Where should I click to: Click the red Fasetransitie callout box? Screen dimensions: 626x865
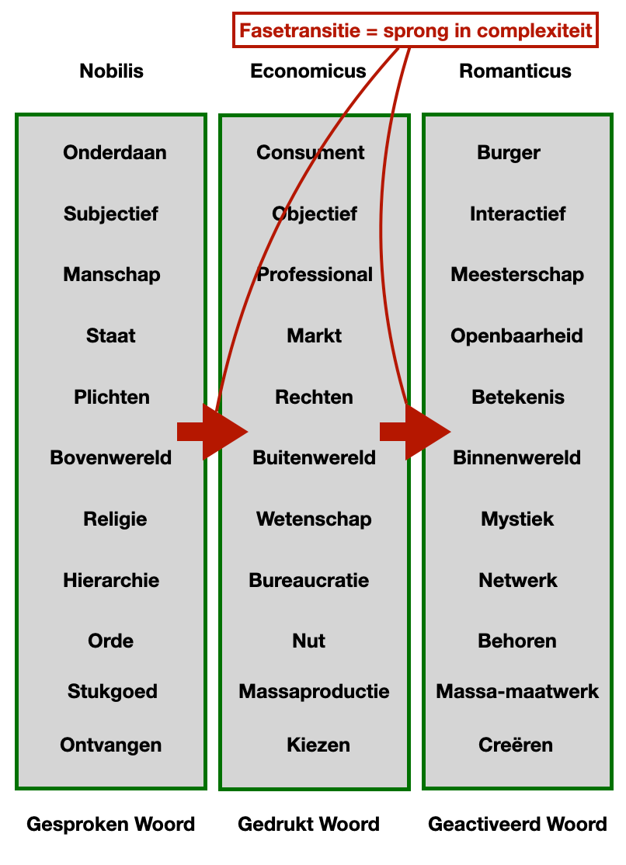click(416, 31)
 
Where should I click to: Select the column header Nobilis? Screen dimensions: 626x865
click(111, 71)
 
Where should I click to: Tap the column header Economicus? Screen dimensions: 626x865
click(308, 71)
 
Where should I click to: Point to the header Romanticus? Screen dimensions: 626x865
click(515, 71)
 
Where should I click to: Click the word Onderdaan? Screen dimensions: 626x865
click(115, 153)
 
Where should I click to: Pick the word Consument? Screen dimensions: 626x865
click(311, 153)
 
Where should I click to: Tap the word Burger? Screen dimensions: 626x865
click(509, 153)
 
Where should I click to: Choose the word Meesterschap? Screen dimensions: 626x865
click(517, 275)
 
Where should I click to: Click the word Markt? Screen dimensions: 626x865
click(314, 336)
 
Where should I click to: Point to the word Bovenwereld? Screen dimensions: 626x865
click(111, 458)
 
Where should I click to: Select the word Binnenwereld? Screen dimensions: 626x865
click(516, 458)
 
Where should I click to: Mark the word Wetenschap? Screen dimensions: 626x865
click(314, 519)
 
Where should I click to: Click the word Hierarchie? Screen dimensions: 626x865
click(111, 581)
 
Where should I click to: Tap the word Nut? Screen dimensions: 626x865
click(308, 641)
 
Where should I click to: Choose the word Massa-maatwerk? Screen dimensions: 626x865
click(517, 692)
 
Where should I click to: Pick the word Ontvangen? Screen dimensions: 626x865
click(111, 745)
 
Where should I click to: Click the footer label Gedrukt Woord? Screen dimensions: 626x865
click(308, 825)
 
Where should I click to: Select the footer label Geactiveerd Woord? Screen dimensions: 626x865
click(517, 825)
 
